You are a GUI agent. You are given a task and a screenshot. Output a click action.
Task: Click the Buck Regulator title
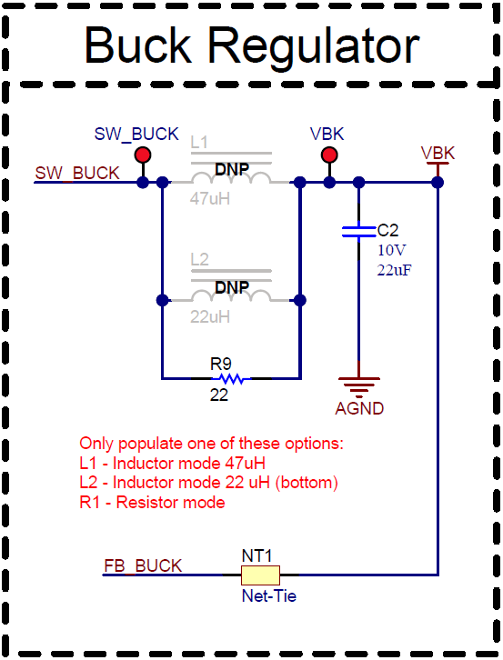251,45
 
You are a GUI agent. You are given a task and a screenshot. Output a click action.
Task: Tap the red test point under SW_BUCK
143,155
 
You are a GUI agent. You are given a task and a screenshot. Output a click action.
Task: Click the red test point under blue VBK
329,155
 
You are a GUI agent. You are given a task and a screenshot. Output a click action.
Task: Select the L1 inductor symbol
231,179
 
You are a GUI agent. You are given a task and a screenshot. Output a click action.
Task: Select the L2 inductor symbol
231,297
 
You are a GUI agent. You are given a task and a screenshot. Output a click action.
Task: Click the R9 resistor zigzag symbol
231,378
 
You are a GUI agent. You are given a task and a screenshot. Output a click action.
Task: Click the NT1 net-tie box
260,575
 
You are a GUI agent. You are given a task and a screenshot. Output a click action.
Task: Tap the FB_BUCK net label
143,565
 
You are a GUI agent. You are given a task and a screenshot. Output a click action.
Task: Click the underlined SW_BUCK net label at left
76,173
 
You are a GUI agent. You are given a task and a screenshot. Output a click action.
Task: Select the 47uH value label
210,198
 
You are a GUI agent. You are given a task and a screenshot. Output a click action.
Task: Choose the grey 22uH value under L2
210,316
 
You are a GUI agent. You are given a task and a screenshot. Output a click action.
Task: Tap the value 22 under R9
219,396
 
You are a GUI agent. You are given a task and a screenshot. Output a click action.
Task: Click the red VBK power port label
438,153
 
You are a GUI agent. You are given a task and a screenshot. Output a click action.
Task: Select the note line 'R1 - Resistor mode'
152,502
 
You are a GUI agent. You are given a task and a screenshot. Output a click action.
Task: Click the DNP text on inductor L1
231,169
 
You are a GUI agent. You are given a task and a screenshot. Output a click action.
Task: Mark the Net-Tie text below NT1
268,596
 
